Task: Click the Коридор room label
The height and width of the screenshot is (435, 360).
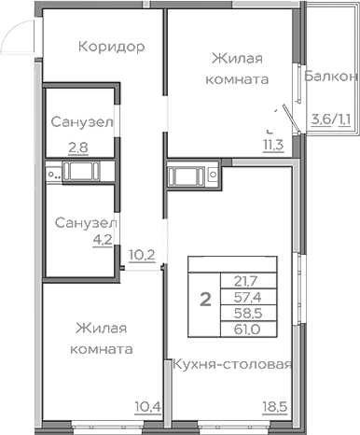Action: [x=111, y=47]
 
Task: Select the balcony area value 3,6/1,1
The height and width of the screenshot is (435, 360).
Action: [x=330, y=119]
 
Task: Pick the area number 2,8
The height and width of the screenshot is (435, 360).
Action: [x=78, y=147]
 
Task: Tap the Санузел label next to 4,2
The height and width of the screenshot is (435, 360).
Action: [x=84, y=224]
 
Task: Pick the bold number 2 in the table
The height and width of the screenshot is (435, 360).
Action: [x=204, y=300]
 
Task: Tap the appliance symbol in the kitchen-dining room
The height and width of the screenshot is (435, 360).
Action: [x=193, y=174]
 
